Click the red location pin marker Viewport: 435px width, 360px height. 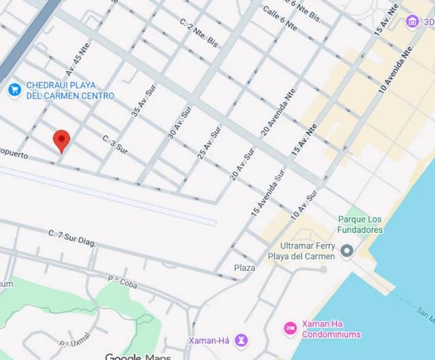pyautogui.click(x=62, y=140)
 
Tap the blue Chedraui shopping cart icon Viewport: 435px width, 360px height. pyautogui.click(x=13, y=89)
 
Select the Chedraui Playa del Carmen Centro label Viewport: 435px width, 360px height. pyautogui.click(x=70, y=91)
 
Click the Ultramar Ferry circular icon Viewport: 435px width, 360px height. pyautogui.click(x=347, y=252)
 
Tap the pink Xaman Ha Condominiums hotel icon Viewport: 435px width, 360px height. pyautogui.click(x=290, y=329)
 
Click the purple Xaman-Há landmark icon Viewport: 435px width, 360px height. pyautogui.click(x=241, y=339)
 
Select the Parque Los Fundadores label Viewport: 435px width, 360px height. pyautogui.click(x=360, y=225)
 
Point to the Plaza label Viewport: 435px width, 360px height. pyautogui.click(x=245, y=268)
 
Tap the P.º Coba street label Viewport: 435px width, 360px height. pyautogui.click(x=122, y=281)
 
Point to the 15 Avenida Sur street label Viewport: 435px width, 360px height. pyautogui.click(x=268, y=192)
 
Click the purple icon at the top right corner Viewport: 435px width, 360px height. pyautogui.click(x=412, y=21)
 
